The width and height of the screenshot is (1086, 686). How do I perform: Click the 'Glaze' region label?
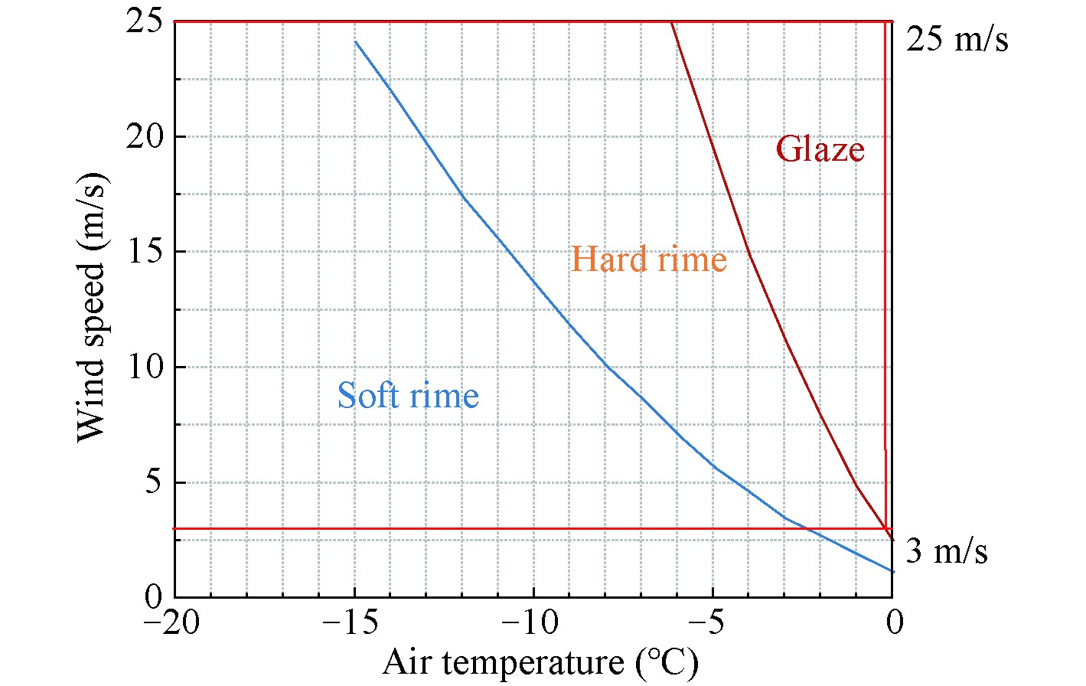pos(820,149)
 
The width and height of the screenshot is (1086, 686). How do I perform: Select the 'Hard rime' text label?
pos(649,260)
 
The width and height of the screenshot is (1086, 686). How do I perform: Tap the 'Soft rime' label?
pos(408,396)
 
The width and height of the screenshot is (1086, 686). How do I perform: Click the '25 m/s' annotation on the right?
pos(957,38)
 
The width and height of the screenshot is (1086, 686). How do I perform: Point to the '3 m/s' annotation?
pos(946,550)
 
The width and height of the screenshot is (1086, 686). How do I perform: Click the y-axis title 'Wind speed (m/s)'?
pos(93,306)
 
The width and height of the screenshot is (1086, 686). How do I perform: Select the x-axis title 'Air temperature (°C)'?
pos(540,663)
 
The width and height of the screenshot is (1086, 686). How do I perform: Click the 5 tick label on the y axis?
pos(153,483)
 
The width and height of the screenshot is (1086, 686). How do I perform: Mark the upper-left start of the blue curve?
pos(355,41)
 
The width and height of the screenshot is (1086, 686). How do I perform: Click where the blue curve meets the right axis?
pos(892,571)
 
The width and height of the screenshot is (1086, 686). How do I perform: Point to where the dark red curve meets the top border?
pos(671,22)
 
